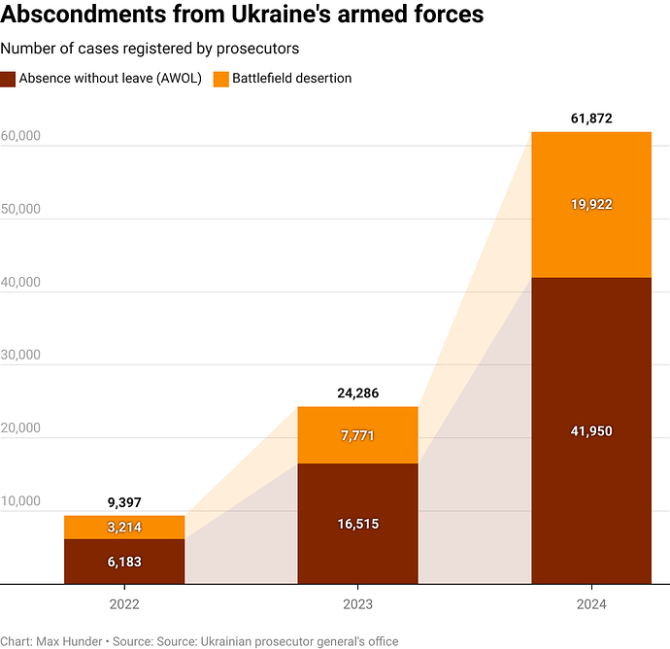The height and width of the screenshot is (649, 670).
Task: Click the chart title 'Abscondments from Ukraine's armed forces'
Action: [x=242, y=17]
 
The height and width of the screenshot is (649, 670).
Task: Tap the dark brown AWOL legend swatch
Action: [x=8, y=79]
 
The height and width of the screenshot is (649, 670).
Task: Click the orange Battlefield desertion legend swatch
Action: [x=220, y=79]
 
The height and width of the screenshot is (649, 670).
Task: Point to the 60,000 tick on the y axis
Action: [x=20, y=136]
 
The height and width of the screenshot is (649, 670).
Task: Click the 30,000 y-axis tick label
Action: [x=20, y=355]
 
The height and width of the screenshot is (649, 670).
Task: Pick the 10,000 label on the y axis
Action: [x=20, y=501]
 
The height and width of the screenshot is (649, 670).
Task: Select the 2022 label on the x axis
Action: [x=124, y=604]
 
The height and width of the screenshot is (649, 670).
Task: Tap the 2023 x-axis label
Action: [x=357, y=604]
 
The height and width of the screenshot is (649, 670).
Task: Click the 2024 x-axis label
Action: [x=590, y=604]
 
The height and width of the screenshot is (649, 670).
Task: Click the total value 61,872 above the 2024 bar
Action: [x=590, y=119]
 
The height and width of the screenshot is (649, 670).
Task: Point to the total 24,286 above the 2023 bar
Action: [x=357, y=393]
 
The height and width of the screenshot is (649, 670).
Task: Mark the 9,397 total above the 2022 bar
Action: [x=124, y=502]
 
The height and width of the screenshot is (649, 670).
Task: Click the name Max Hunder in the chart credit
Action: [x=72, y=641]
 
